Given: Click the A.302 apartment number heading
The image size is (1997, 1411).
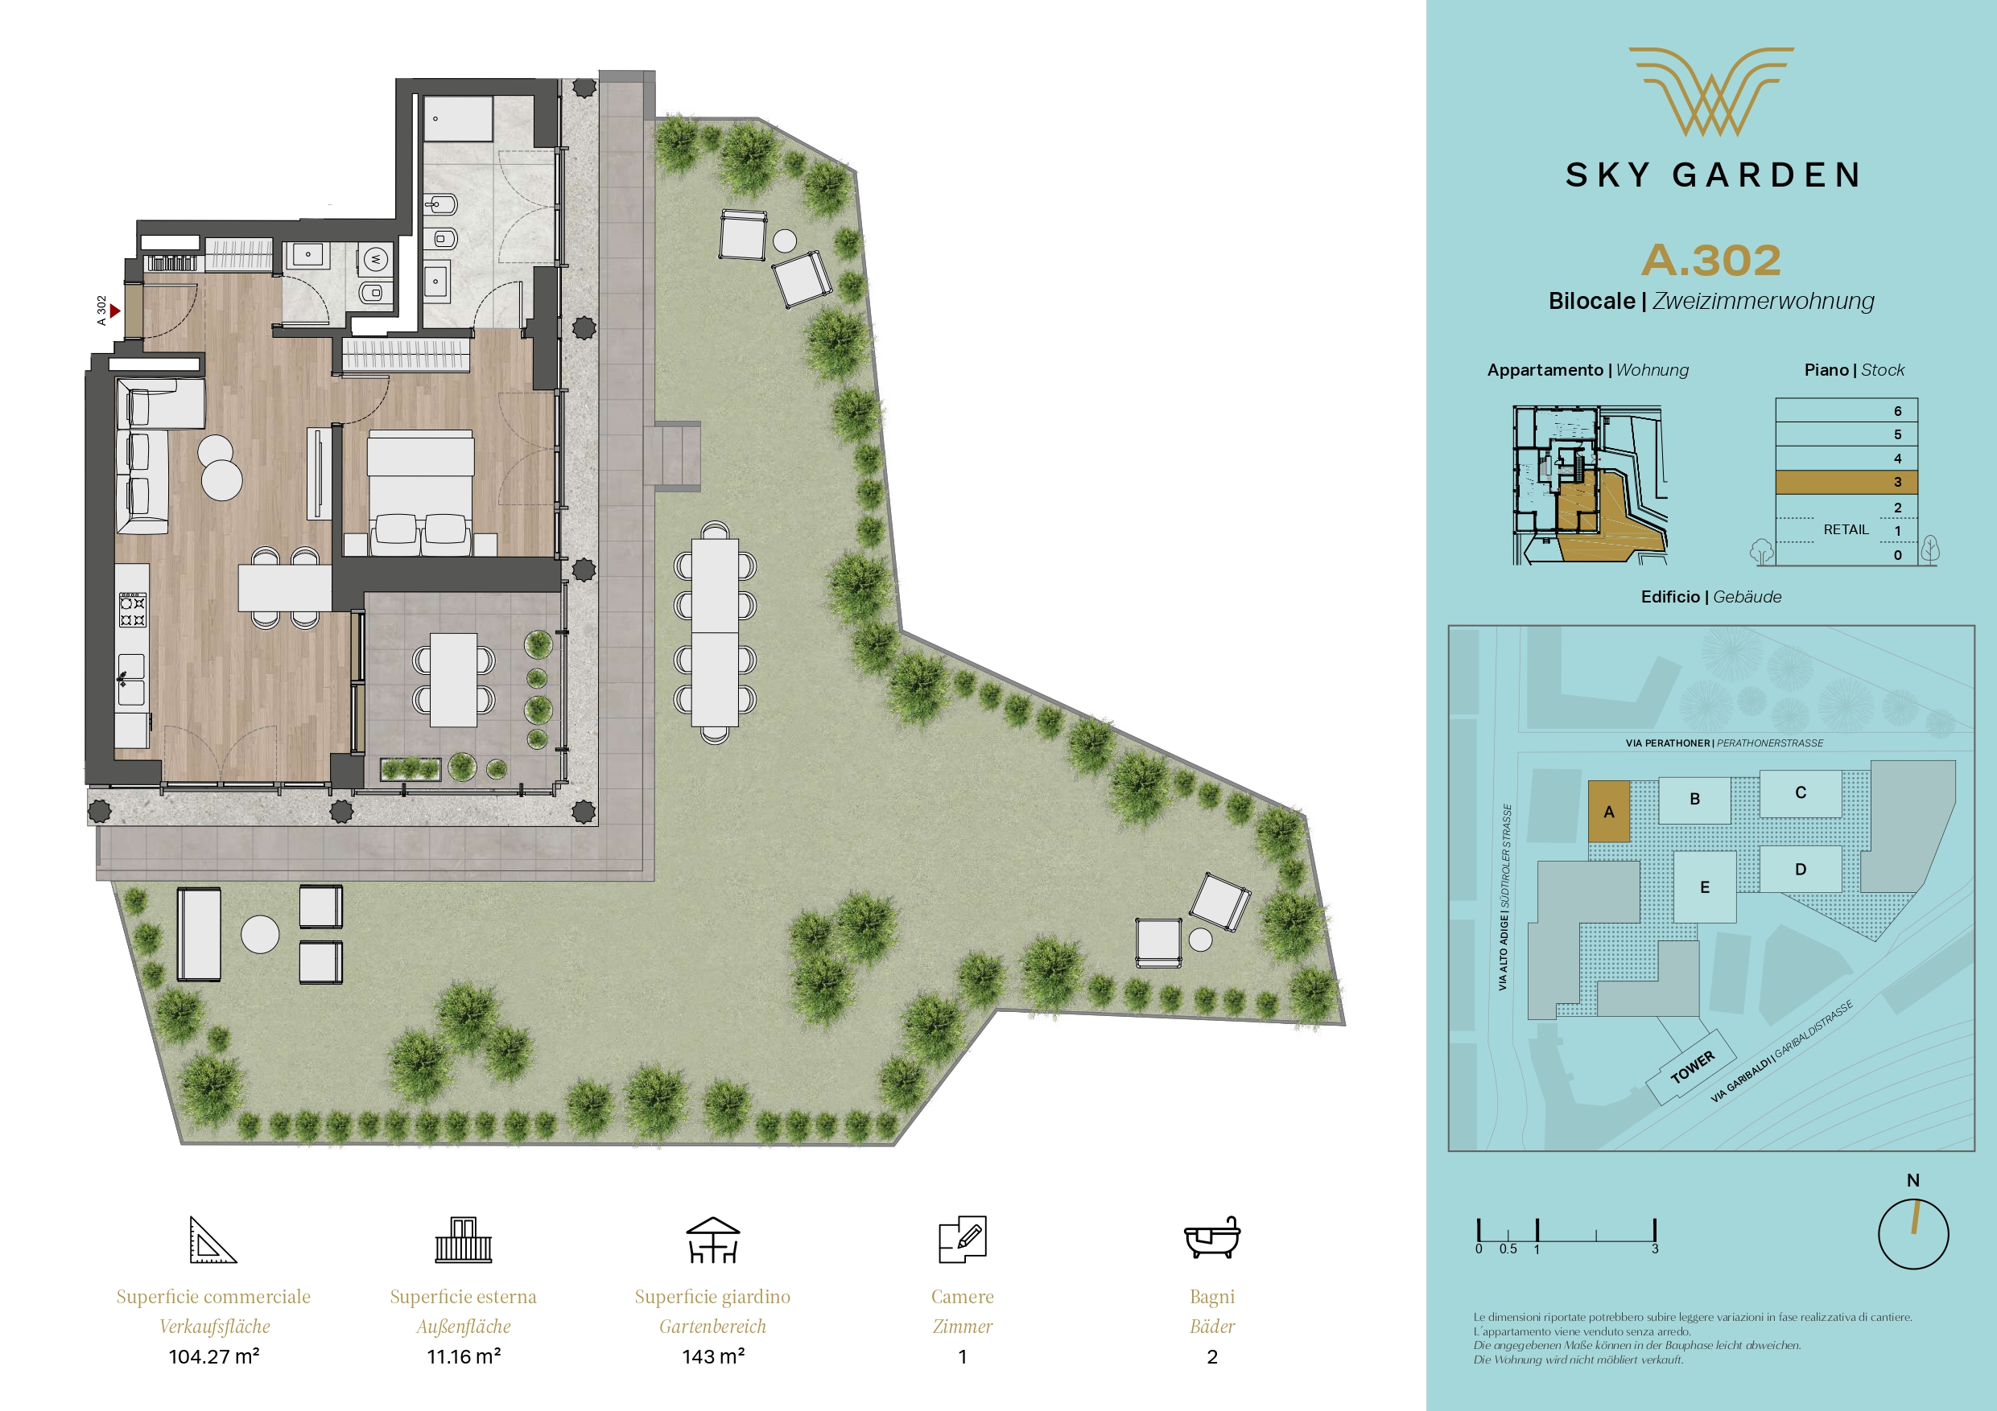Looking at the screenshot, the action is click(x=1710, y=260).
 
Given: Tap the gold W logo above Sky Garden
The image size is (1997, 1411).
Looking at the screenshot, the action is click(x=1710, y=91).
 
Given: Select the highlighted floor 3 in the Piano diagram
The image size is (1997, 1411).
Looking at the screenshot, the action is click(x=1846, y=483).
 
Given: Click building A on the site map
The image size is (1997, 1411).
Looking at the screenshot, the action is click(x=1609, y=811).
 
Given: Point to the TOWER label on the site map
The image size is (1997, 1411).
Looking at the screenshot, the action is click(x=1692, y=1067).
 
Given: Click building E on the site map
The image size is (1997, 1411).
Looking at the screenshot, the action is click(x=1705, y=887).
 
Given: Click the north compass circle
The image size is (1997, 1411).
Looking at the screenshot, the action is click(x=1913, y=1234).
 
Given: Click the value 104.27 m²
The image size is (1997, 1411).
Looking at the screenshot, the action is click(x=214, y=1356).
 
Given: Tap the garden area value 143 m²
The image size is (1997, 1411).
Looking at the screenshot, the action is click(x=713, y=1356).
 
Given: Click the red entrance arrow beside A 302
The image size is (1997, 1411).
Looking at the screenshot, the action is click(x=115, y=311).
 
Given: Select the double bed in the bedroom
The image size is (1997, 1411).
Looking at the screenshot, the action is click(x=421, y=492).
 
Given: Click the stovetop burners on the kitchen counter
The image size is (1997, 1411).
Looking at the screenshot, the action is click(x=132, y=610).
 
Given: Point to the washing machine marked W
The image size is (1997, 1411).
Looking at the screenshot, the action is click(x=376, y=258).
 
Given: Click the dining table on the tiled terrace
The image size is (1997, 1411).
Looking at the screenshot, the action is click(x=453, y=680).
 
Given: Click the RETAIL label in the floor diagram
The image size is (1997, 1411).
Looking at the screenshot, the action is click(x=1846, y=529).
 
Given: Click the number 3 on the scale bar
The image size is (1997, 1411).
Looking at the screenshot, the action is click(x=1655, y=1249).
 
